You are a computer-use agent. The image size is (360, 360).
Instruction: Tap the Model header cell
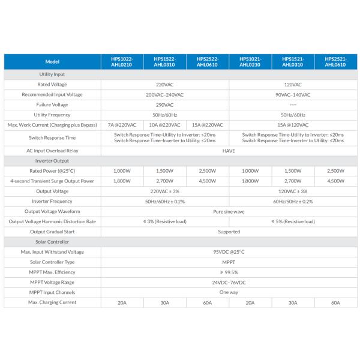pyautogui.click(x=52, y=62)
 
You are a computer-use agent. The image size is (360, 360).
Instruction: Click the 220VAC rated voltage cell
pyautogui.click(x=164, y=85)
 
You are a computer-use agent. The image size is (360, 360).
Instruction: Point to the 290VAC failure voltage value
pyautogui.click(x=164, y=104)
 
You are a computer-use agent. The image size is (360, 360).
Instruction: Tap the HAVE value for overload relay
pyautogui.click(x=229, y=151)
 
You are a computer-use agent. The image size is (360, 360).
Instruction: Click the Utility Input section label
pyautogui.click(x=52, y=74)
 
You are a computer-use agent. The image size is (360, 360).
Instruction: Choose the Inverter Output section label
pyautogui.click(x=52, y=161)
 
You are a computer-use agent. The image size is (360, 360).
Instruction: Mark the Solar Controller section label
pyautogui.click(x=52, y=241)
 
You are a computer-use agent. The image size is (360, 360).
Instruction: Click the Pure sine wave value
pyautogui.click(x=229, y=211)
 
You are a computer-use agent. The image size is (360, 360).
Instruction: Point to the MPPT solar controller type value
pyautogui.click(x=229, y=262)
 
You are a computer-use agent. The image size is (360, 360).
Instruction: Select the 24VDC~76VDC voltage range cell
pyautogui.click(x=229, y=282)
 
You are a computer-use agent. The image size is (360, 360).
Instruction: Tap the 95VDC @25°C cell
pyautogui.click(x=229, y=251)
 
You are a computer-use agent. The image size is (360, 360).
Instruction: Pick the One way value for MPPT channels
pyautogui.click(x=229, y=292)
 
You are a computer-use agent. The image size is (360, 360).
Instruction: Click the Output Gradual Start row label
pyautogui.click(x=52, y=231)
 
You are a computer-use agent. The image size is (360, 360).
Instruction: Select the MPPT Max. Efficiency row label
pyautogui.click(x=52, y=272)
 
